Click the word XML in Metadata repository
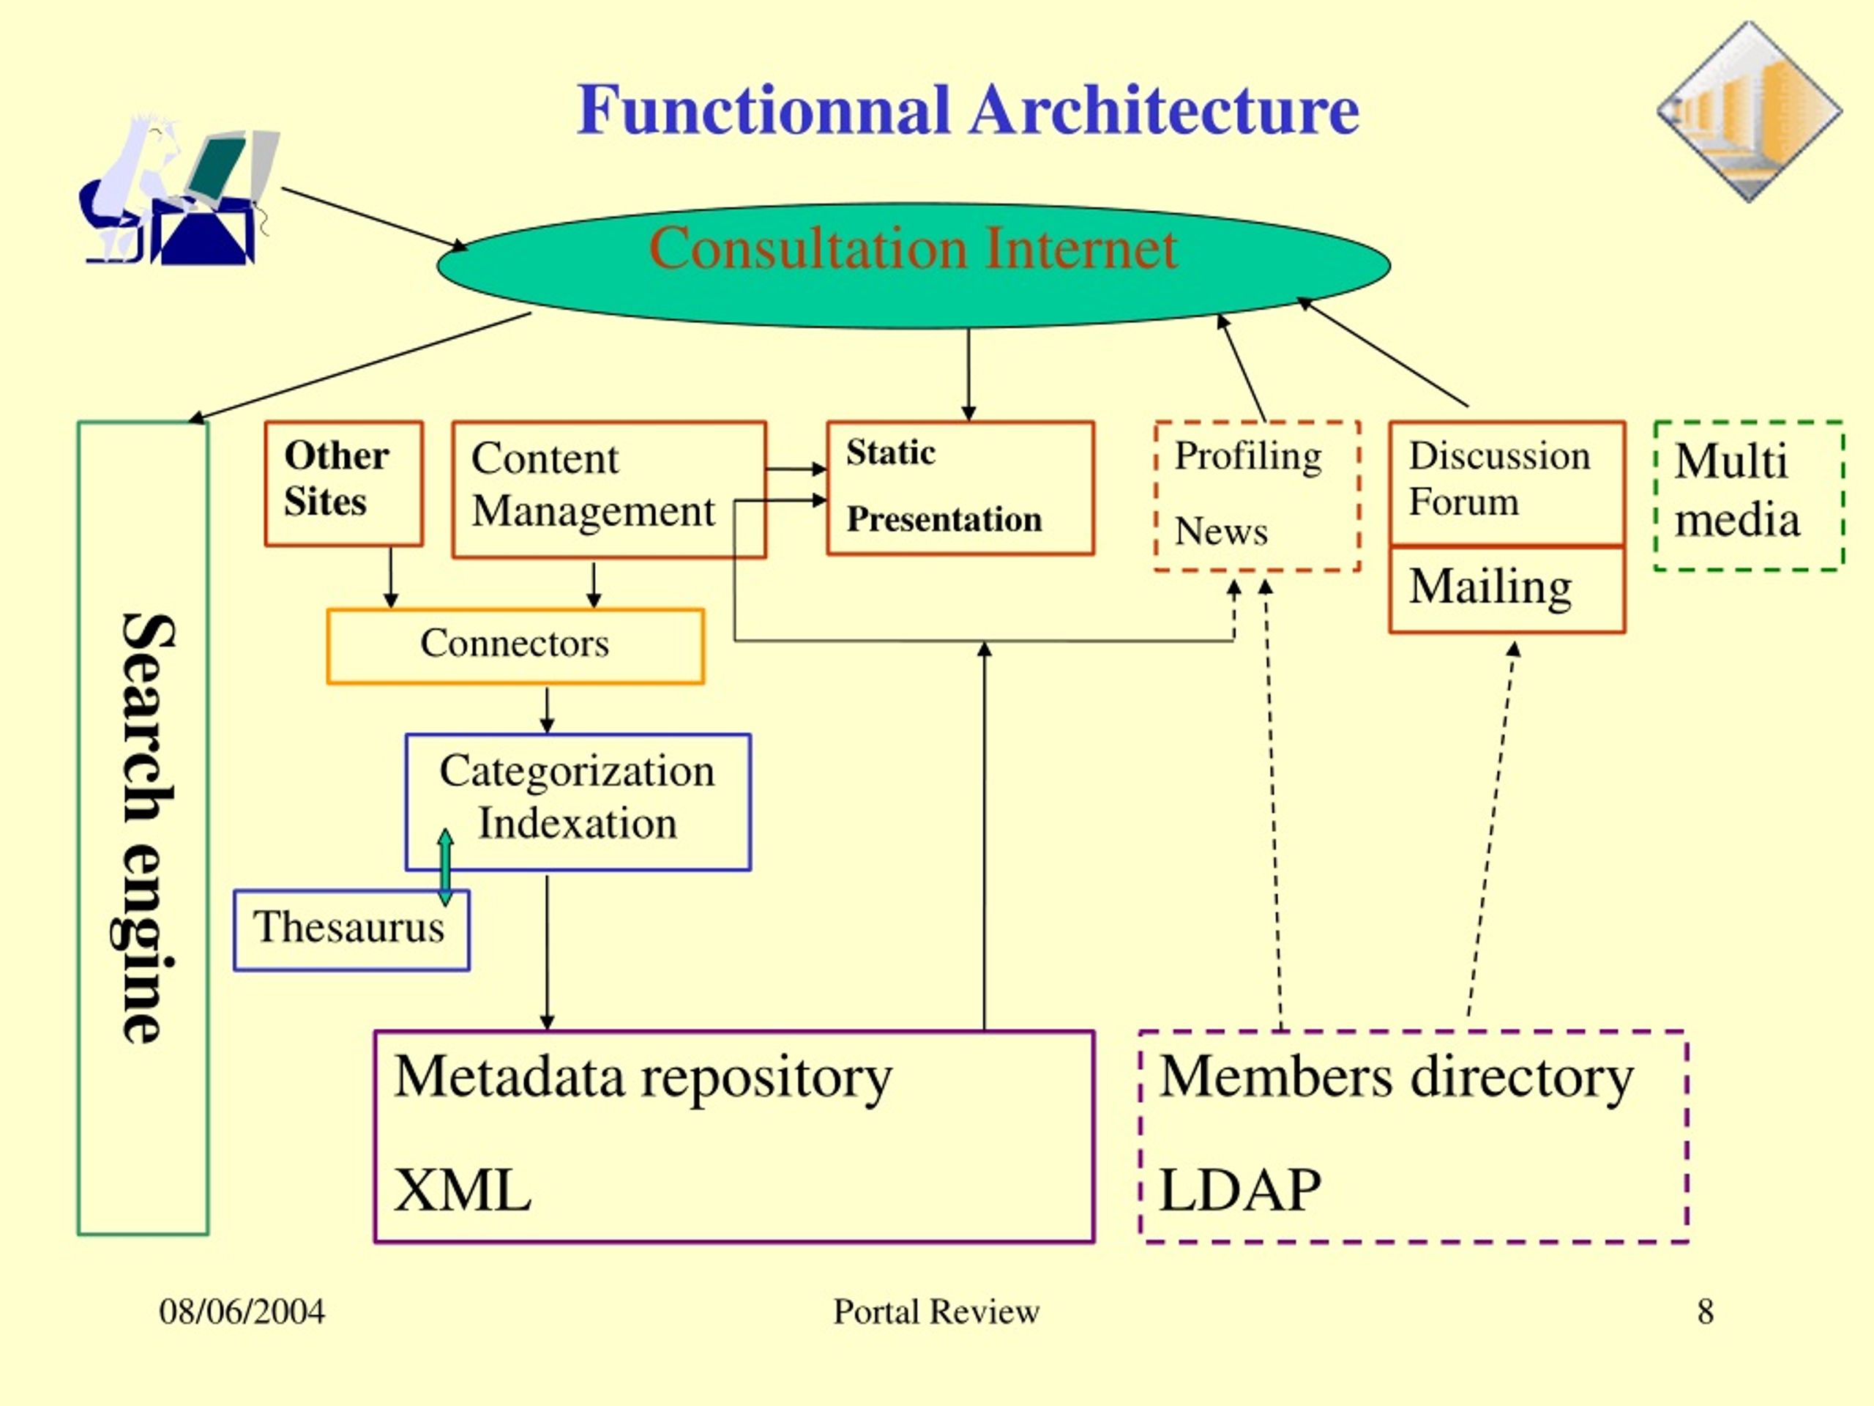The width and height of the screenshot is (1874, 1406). coord(463,1190)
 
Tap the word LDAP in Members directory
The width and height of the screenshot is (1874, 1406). coord(1239,1190)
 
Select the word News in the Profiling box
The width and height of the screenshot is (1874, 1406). coord(1221,532)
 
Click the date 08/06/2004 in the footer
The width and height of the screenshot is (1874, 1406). coord(242,1311)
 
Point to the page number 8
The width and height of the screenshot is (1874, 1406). coord(1706,1311)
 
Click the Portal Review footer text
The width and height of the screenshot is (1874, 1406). coord(936,1311)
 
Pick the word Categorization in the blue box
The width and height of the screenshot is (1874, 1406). coord(577,771)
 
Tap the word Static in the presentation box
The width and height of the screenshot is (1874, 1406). coord(890,453)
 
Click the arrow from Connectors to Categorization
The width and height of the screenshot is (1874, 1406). coord(548,710)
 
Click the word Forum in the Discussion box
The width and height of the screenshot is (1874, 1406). coord(1463,502)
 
